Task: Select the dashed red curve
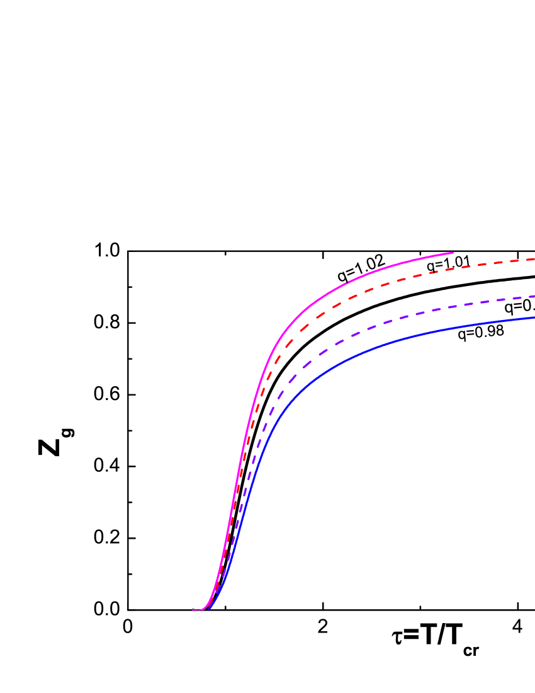point(378,285)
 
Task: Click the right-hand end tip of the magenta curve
point(453,253)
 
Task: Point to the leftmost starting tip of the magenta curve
point(193,609)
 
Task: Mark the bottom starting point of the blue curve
point(209,609)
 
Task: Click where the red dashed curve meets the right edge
point(533,259)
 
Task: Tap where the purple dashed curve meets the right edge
point(533,297)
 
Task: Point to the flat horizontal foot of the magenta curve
point(198,609)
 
